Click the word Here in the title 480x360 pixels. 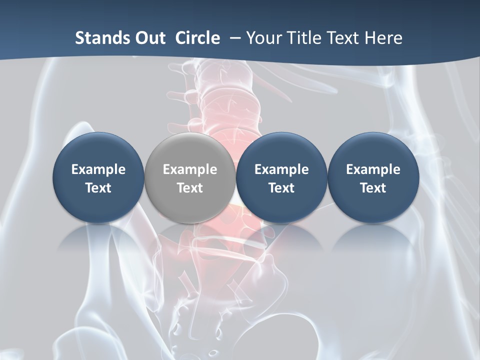point(382,38)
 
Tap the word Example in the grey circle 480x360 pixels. point(190,169)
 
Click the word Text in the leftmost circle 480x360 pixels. point(98,188)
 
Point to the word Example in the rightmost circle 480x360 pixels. point(373,169)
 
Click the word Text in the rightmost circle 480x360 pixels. point(373,188)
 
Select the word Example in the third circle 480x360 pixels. point(281,169)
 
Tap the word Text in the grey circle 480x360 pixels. point(190,188)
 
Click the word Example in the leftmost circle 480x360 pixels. point(98,169)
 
